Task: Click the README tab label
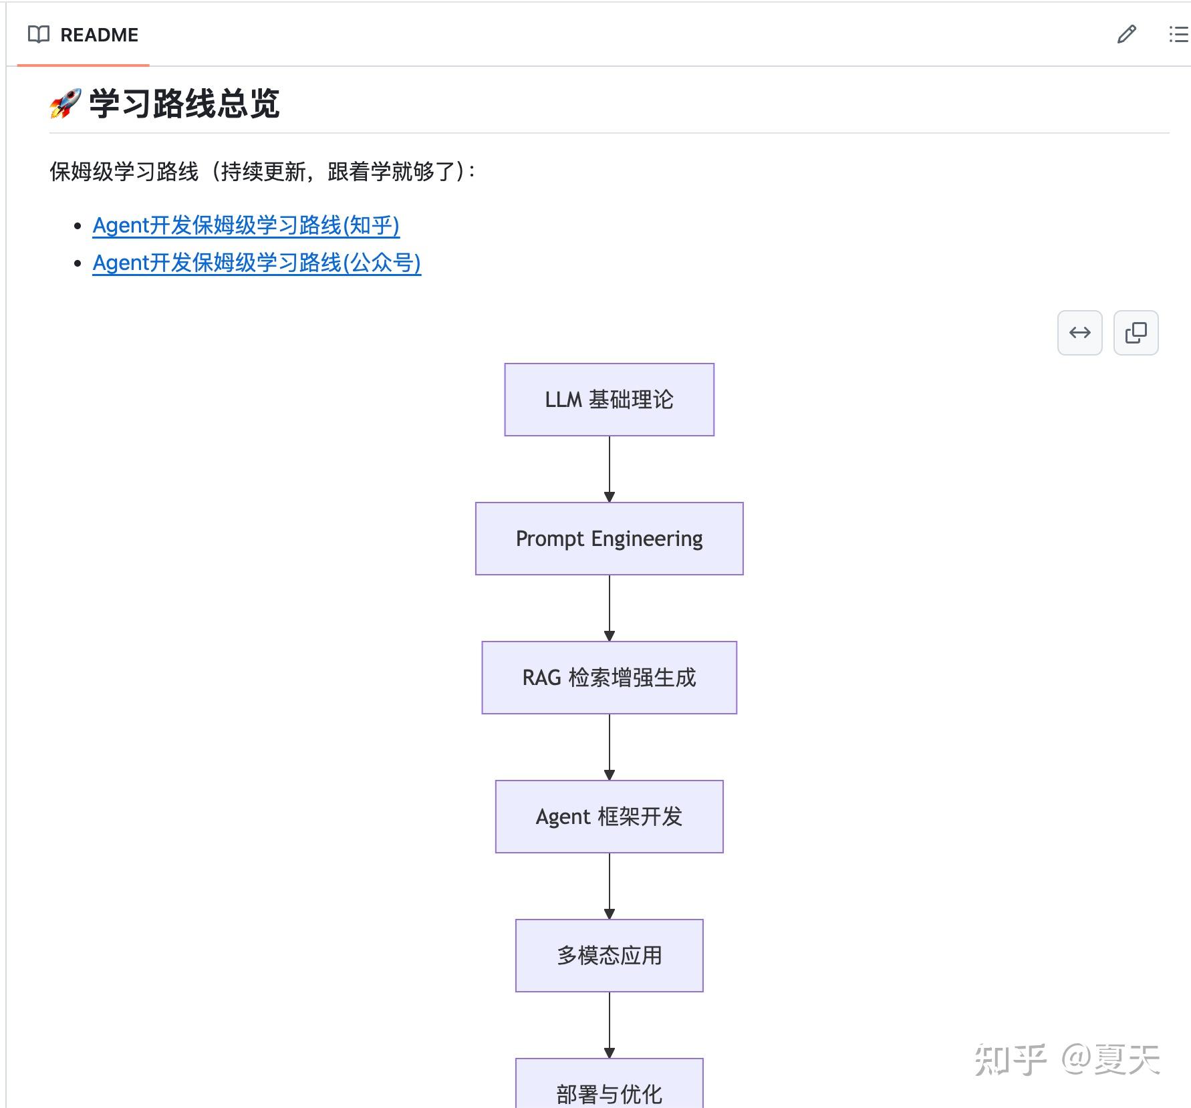point(99,35)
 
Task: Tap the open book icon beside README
point(39,35)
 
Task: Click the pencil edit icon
point(1126,34)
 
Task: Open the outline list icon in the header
point(1178,34)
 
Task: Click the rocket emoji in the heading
point(65,104)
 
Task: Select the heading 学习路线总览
point(184,104)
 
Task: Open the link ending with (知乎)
point(246,225)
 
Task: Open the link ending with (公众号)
point(257,263)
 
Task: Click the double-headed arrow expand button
point(1079,333)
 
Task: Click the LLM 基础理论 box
point(609,400)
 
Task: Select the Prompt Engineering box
point(609,539)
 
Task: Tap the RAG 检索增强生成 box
point(609,678)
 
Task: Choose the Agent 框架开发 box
point(609,817)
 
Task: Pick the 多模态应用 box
point(609,956)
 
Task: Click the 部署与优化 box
point(609,1084)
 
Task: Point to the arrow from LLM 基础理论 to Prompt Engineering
point(609,469)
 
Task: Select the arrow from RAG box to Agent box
point(609,747)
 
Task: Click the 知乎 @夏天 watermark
point(1067,1060)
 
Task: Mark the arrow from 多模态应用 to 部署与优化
point(609,1025)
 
